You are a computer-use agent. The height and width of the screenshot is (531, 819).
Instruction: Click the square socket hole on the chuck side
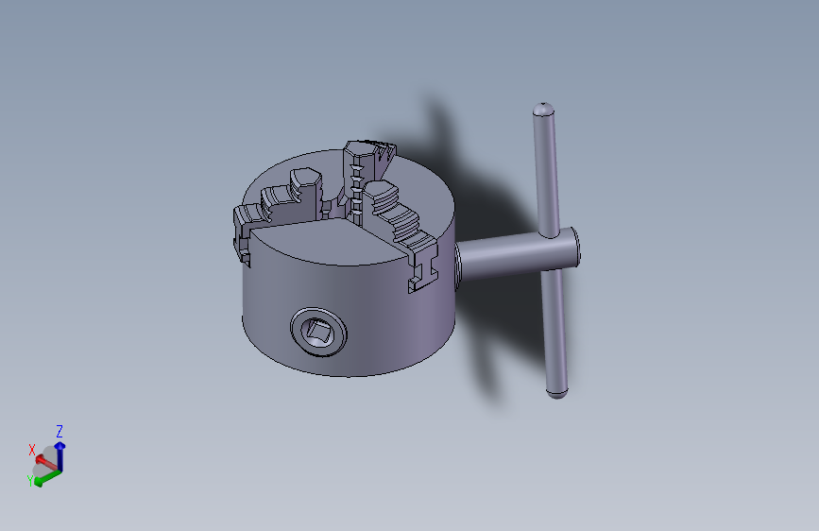click(x=319, y=332)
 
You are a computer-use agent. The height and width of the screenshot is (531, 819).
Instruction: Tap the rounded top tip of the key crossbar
click(x=543, y=107)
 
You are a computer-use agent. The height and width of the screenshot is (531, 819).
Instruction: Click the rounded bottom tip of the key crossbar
click(x=556, y=393)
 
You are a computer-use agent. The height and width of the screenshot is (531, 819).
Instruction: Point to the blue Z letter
click(x=60, y=431)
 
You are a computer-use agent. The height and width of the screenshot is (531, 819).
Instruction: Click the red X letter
click(x=32, y=450)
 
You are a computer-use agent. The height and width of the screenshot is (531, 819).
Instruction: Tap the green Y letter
click(x=30, y=481)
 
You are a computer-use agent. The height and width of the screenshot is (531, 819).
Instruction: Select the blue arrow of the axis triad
click(x=60, y=455)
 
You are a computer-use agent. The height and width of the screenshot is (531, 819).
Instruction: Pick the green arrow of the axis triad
click(x=47, y=477)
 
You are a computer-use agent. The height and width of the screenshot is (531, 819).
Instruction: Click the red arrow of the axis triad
click(x=46, y=462)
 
